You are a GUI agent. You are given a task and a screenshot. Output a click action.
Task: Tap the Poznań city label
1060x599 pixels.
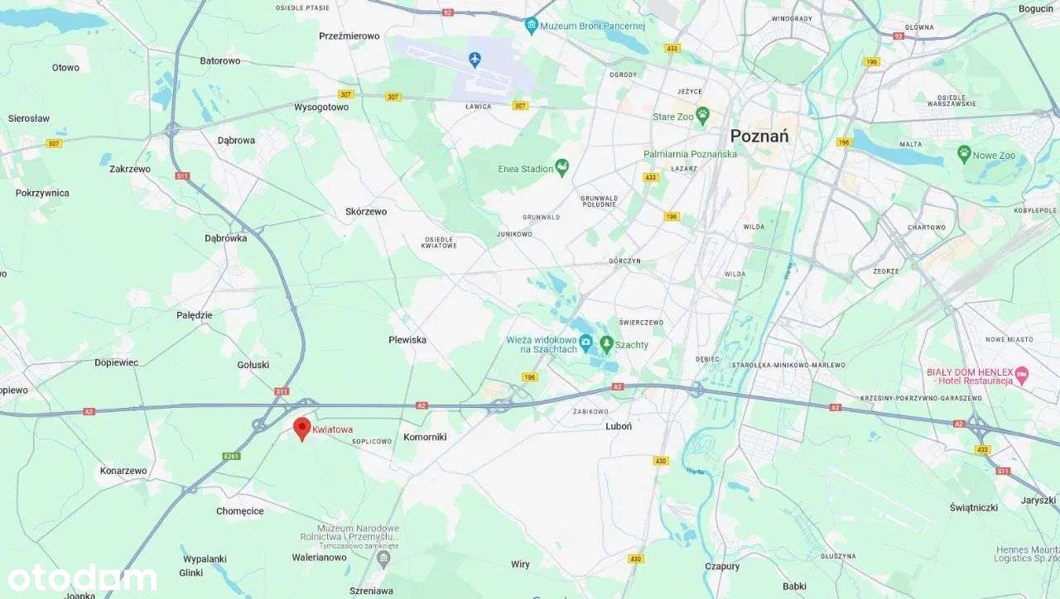tap(759, 137)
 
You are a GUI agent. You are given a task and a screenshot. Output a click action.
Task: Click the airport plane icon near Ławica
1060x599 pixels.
tap(475, 59)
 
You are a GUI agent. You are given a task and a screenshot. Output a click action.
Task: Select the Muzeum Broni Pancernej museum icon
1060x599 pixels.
tap(532, 26)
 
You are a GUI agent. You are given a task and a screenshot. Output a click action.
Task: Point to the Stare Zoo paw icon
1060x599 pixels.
tap(703, 116)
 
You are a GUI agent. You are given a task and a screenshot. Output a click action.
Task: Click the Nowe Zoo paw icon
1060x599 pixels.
tap(963, 153)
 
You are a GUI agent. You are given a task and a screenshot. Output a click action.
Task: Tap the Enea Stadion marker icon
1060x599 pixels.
tap(562, 168)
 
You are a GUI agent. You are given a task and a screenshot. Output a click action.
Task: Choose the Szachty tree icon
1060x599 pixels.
tap(606, 343)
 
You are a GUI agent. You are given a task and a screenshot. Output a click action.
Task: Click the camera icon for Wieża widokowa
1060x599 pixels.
tap(585, 342)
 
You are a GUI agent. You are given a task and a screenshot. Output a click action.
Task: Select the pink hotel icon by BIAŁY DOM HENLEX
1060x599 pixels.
tap(1022, 375)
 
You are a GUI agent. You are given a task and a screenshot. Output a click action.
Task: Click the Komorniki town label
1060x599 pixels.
tap(425, 437)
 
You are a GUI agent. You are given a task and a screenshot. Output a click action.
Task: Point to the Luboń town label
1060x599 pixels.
tap(619, 426)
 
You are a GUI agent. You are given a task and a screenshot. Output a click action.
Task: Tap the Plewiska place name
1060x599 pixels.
tap(407, 340)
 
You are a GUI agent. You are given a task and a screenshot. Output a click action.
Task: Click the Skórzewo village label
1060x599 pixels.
tap(366, 212)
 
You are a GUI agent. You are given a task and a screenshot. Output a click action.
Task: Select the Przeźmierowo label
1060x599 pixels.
tap(349, 36)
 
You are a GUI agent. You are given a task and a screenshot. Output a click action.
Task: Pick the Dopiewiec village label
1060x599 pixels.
tap(117, 362)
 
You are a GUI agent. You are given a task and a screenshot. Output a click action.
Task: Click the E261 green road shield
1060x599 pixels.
tap(231, 456)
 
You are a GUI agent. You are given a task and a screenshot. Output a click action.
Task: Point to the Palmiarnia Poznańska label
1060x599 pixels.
tap(690, 154)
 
